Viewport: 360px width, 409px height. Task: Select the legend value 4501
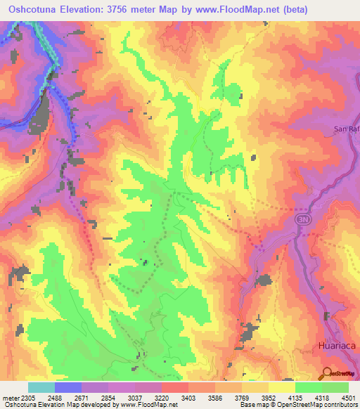(x=347, y=398)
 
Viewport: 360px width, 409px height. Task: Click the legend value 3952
(x=268, y=398)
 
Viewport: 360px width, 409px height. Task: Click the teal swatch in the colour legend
(x=41, y=387)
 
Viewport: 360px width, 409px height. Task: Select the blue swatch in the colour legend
(x=68, y=387)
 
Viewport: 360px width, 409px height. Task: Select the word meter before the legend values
(x=9, y=398)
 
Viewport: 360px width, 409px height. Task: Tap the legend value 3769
(x=241, y=398)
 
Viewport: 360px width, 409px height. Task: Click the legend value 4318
(x=321, y=398)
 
